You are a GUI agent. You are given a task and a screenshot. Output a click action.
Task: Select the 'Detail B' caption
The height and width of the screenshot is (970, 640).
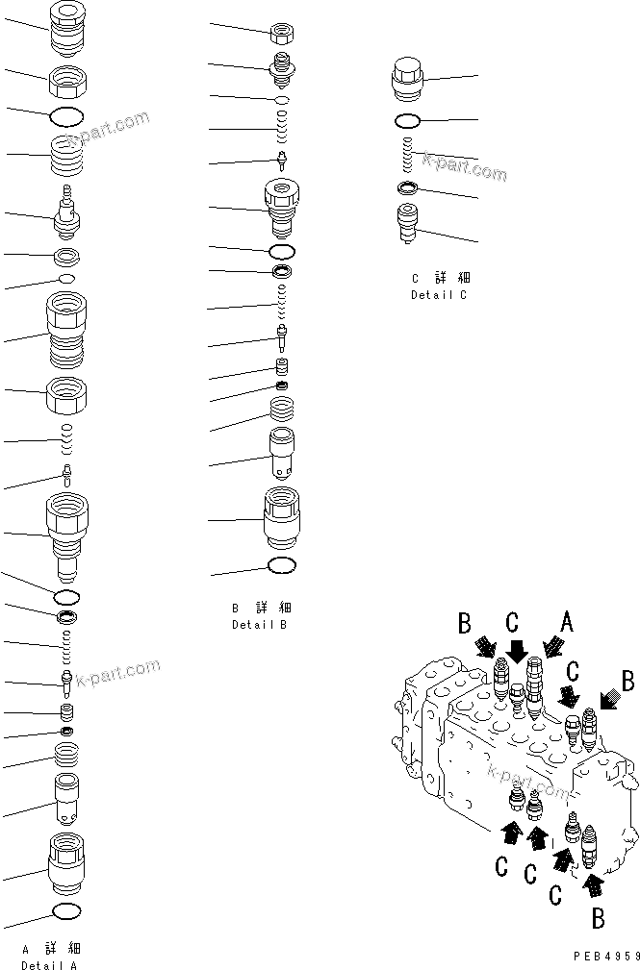point(259,624)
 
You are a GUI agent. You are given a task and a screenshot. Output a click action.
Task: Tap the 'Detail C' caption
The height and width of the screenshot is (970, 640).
point(438,295)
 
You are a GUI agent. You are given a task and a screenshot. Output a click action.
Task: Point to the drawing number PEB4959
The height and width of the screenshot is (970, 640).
point(604,957)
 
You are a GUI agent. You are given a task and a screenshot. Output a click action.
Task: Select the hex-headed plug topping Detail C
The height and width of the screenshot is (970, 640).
point(408,77)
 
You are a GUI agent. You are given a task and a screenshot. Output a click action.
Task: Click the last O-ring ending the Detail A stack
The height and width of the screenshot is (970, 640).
point(65,910)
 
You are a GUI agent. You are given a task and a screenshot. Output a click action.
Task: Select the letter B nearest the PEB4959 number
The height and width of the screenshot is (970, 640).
point(598,918)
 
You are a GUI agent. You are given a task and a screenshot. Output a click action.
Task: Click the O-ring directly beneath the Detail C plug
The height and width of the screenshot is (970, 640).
point(407,121)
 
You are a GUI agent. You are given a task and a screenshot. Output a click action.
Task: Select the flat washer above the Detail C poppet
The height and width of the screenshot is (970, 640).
point(407,187)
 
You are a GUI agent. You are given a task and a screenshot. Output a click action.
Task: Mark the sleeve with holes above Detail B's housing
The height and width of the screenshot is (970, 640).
point(281,454)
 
